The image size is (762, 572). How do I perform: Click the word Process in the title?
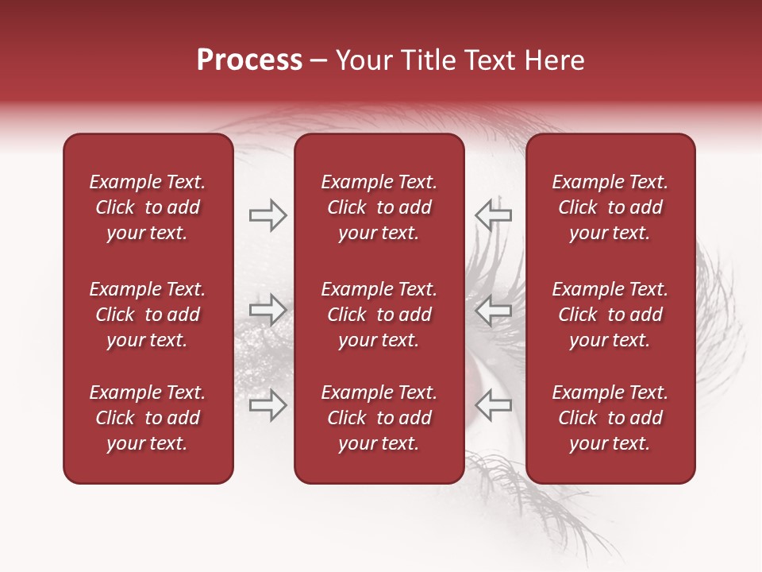[x=249, y=60]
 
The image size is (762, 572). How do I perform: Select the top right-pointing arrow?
[x=267, y=214]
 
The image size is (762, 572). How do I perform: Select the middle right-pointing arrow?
[x=267, y=309]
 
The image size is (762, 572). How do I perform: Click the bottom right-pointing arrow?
[x=267, y=405]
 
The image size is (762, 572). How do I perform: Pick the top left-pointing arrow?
[x=493, y=214]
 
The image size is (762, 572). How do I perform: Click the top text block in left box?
[x=148, y=207]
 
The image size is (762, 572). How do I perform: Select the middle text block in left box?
[x=148, y=315]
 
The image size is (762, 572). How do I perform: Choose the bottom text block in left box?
[x=148, y=418]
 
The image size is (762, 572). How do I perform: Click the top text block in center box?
[x=379, y=207]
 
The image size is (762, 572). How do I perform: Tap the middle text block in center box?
[x=379, y=315]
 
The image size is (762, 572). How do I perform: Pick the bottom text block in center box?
[x=379, y=418]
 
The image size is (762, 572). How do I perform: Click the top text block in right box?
[x=610, y=207]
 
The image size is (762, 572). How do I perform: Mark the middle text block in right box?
[x=610, y=315]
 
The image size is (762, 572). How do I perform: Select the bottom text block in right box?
[x=610, y=418]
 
